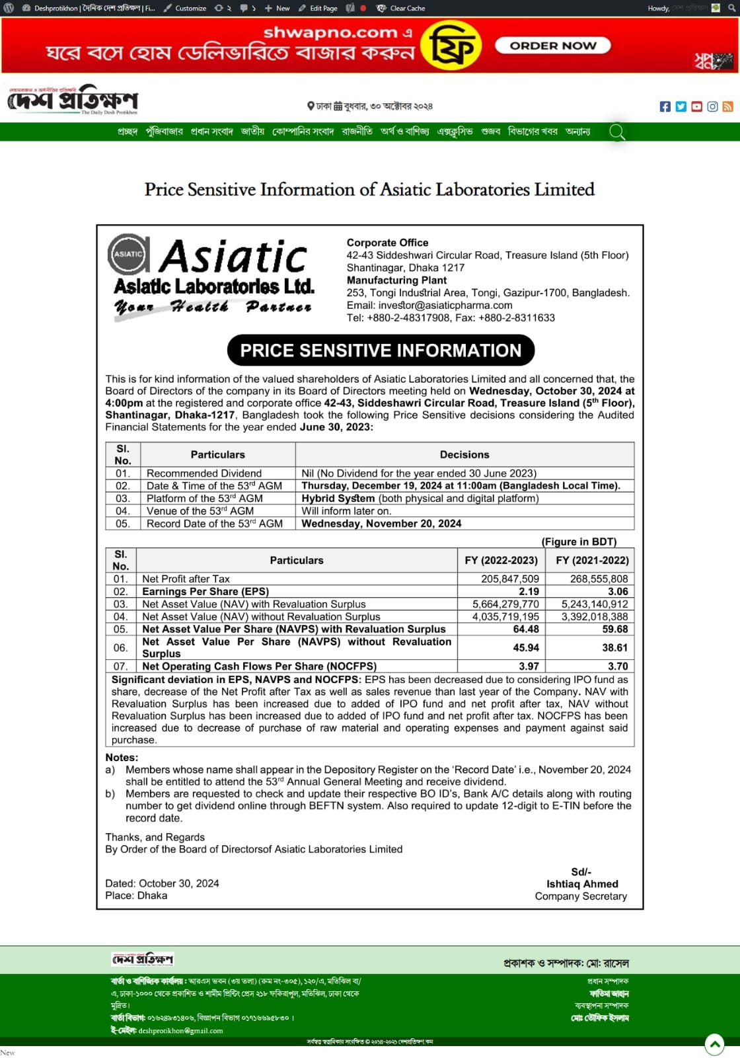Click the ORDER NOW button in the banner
[x=553, y=46]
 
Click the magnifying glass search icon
[x=616, y=132]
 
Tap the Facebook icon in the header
[x=665, y=106]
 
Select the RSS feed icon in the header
[x=727, y=106]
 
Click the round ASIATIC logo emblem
[x=128, y=254]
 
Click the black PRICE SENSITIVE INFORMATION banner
[x=381, y=350]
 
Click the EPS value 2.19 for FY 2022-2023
[x=529, y=592]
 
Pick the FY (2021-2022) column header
[x=592, y=561]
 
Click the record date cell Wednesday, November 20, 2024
[x=381, y=524]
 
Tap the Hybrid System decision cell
[x=420, y=499]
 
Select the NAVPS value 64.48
[x=526, y=630]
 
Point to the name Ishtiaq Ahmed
[x=582, y=884]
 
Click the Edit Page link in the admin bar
[x=318, y=8]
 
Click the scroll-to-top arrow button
[x=714, y=1044]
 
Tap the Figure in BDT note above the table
[x=579, y=542]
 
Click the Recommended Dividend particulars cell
[x=204, y=473]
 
